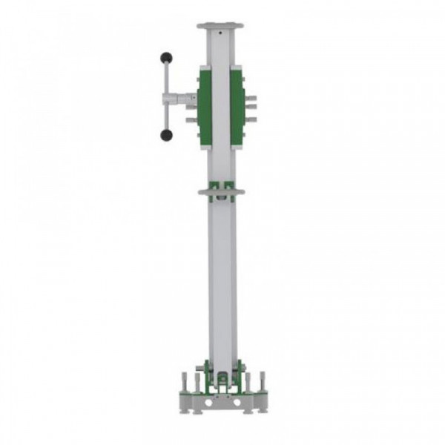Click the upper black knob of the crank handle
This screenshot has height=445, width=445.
(x=166, y=57)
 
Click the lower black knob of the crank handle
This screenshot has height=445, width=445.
(x=166, y=135)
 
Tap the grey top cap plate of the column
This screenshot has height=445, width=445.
(x=220, y=26)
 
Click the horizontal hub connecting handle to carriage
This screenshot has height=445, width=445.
(x=181, y=97)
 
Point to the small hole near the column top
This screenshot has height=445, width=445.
(x=220, y=33)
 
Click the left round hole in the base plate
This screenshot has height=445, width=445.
(x=208, y=402)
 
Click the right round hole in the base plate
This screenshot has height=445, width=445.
(x=237, y=402)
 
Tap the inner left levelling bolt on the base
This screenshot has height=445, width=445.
(x=196, y=383)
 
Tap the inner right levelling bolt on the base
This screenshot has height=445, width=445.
(x=248, y=383)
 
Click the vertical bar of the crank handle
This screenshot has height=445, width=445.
(x=166, y=96)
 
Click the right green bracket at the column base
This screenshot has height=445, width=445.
(x=239, y=374)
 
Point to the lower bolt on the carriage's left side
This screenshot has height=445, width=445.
(x=191, y=119)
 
